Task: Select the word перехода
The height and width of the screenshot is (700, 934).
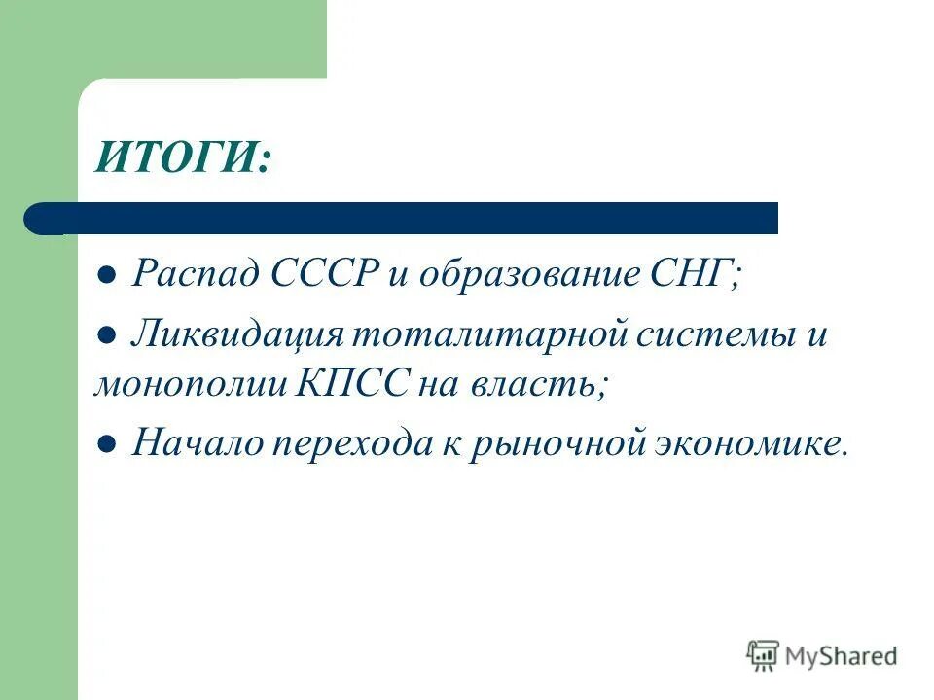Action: tap(364, 444)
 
